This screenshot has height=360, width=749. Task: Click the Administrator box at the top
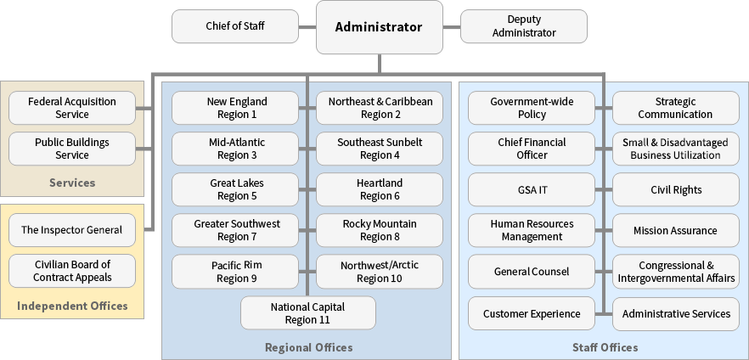[379, 27]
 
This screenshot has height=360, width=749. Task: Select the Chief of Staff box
[235, 26]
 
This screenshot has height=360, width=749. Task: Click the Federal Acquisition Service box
[72, 108]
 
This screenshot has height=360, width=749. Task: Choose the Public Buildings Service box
[72, 149]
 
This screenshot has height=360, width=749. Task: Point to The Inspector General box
[72, 230]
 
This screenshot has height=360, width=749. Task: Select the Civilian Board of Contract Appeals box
[72, 271]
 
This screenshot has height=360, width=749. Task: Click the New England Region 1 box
[236, 108]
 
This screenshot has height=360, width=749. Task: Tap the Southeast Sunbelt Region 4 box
[380, 149]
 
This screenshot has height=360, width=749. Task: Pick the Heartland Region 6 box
[380, 189]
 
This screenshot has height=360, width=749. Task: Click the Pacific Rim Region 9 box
[236, 272]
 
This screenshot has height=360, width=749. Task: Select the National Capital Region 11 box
[307, 312]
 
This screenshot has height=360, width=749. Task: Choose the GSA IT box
[532, 189]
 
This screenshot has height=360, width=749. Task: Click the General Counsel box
[532, 272]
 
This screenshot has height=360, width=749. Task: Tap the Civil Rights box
[676, 189]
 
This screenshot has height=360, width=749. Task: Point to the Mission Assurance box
[676, 230]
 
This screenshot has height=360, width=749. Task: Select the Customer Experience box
[532, 313]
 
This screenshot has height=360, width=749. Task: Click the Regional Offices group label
[308, 347]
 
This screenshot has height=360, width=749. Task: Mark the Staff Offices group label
[605, 347]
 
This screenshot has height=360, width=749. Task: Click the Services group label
[72, 183]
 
